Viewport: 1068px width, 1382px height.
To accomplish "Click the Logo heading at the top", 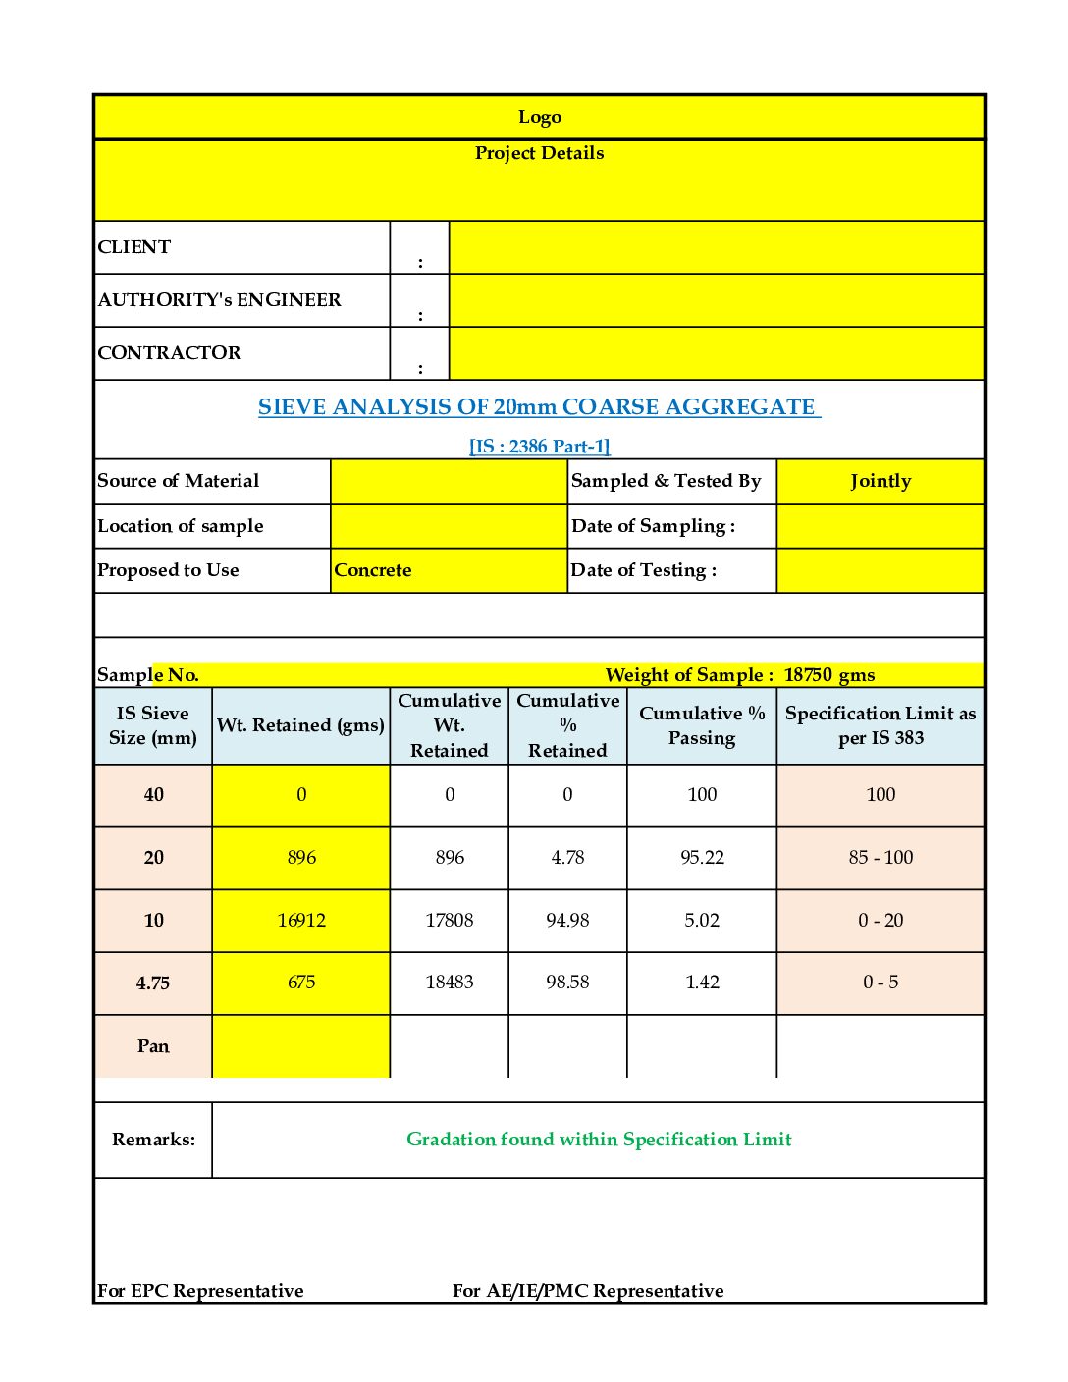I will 539,117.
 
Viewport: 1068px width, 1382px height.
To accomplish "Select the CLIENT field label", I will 134,247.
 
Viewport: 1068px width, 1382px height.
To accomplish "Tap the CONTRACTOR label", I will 169,353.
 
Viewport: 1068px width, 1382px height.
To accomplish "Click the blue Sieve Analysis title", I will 539,407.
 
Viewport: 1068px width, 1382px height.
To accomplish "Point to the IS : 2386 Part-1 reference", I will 539,447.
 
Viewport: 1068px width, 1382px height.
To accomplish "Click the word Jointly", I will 880,481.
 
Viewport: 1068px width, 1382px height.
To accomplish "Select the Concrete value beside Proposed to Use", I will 373,570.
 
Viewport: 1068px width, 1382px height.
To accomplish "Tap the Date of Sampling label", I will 653,526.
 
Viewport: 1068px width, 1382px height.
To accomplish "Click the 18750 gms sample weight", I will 828,675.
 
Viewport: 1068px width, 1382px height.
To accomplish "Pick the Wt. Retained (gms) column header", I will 300,725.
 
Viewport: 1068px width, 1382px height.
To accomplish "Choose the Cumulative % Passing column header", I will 701,725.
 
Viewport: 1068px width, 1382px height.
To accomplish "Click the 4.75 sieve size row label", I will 153,983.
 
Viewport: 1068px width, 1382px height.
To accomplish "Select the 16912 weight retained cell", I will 300,921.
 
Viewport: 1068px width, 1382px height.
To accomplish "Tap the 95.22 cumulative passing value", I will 702,858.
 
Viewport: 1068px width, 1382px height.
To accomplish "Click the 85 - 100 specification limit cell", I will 880,858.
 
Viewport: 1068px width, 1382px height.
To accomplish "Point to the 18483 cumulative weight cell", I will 449,983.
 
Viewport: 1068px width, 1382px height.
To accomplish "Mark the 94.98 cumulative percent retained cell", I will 567,921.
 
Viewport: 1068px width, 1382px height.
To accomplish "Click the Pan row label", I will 153,1046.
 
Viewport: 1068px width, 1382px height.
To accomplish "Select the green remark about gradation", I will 599,1140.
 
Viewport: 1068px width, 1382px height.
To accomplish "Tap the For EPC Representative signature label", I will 200,1291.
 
